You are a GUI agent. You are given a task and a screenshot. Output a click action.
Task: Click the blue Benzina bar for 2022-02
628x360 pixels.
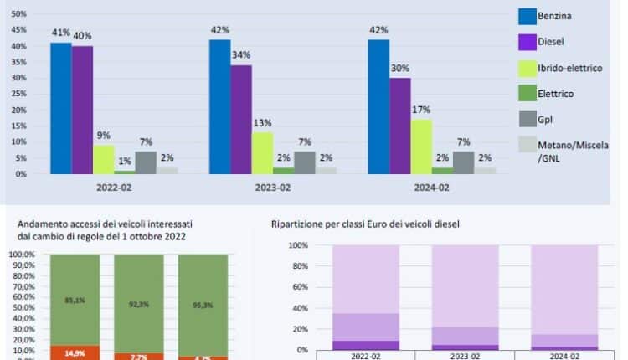click(60, 108)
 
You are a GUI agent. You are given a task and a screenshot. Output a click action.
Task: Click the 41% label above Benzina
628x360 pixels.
click(59, 33)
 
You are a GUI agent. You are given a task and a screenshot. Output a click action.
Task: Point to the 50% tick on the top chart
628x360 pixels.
click(19, 14)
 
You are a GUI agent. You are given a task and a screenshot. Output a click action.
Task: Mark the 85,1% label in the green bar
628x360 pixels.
click(75, 299)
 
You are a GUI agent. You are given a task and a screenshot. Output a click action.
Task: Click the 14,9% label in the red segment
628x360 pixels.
click(75, 352)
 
